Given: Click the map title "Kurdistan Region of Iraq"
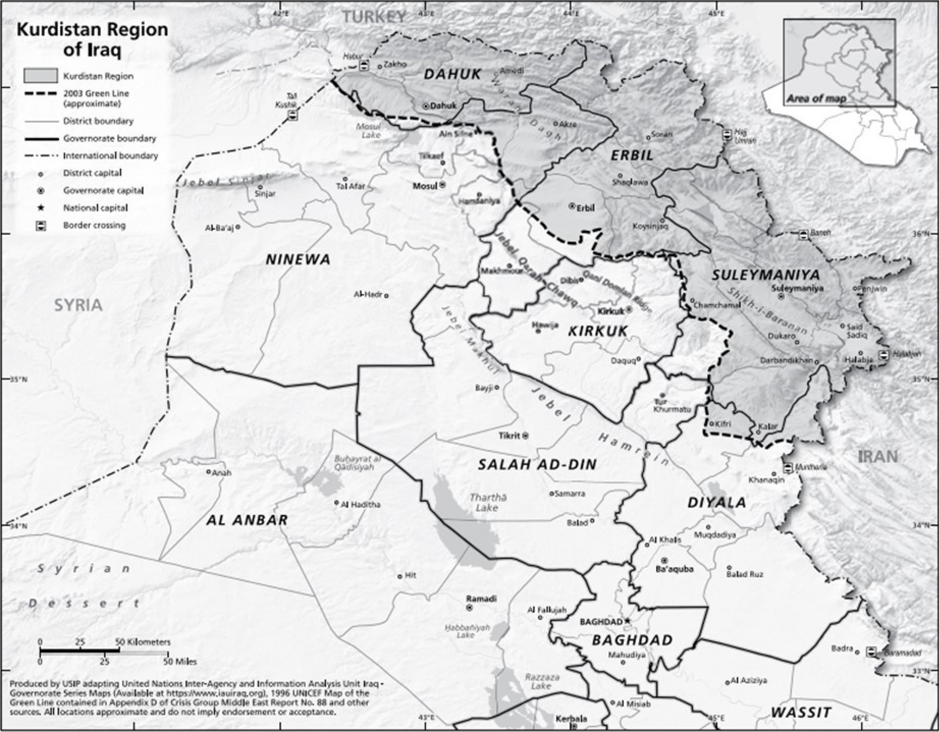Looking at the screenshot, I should pyautogui.click(x=92, y=40).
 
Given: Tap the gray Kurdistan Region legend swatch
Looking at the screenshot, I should pyautogui.click(x=41, y=76).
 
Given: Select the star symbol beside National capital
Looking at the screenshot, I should pyautogui.click(x=41, y=208).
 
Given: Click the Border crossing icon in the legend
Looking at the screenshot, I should pyautogui.click(x=41, y=226).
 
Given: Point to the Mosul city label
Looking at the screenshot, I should pyautogui.click(x=424, y=186).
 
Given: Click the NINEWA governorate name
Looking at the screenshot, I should pyautogui.click(x=298, y=260).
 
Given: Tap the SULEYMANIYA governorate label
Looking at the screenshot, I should pyautogui.click(x=765, y=275).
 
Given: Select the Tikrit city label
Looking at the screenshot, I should pyautogui.click(x=509, y=436).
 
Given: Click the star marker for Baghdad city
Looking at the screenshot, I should pyautogui.click(x=628, y=621).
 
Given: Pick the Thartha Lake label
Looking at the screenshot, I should pyautogui.click(x=488, y=502).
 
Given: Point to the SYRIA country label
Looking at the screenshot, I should pyautogui.click(x=78, y=305).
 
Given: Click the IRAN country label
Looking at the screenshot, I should pyautogui.click(x=878, y=456).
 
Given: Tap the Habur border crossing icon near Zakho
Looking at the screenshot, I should pyautogui.click(x=364, y=66).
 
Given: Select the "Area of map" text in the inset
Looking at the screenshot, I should pyautogui.click(x=816, y=99).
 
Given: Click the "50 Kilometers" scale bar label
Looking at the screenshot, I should pyautogui.click(x=143, y=642).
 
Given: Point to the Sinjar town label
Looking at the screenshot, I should pyautogui.click(x=265, y=194).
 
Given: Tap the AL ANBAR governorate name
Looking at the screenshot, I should pyautogui.click(x=247, y=520).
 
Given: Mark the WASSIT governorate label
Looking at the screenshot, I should pyautogui.click(x=801, y=712).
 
